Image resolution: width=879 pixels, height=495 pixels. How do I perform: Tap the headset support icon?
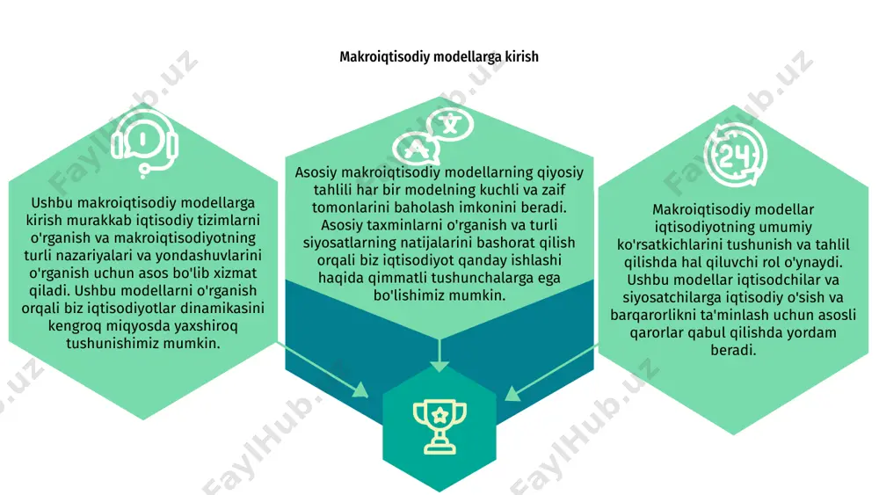[x=144, y=144]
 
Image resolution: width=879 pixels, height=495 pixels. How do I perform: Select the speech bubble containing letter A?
[x=416, y=149]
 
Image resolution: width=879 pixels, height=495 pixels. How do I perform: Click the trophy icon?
[x=439, y=426]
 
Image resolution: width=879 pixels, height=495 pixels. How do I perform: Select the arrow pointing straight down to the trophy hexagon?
[x=439, y=355]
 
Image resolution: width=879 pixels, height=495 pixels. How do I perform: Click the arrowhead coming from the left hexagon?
[x=360, y=389]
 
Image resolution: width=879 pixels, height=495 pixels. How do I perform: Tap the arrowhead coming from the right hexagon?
[x=513, y=393]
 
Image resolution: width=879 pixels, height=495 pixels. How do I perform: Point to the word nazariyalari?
[x=115, y=256]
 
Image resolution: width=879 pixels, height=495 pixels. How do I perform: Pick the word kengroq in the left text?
[x=72, y=326]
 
